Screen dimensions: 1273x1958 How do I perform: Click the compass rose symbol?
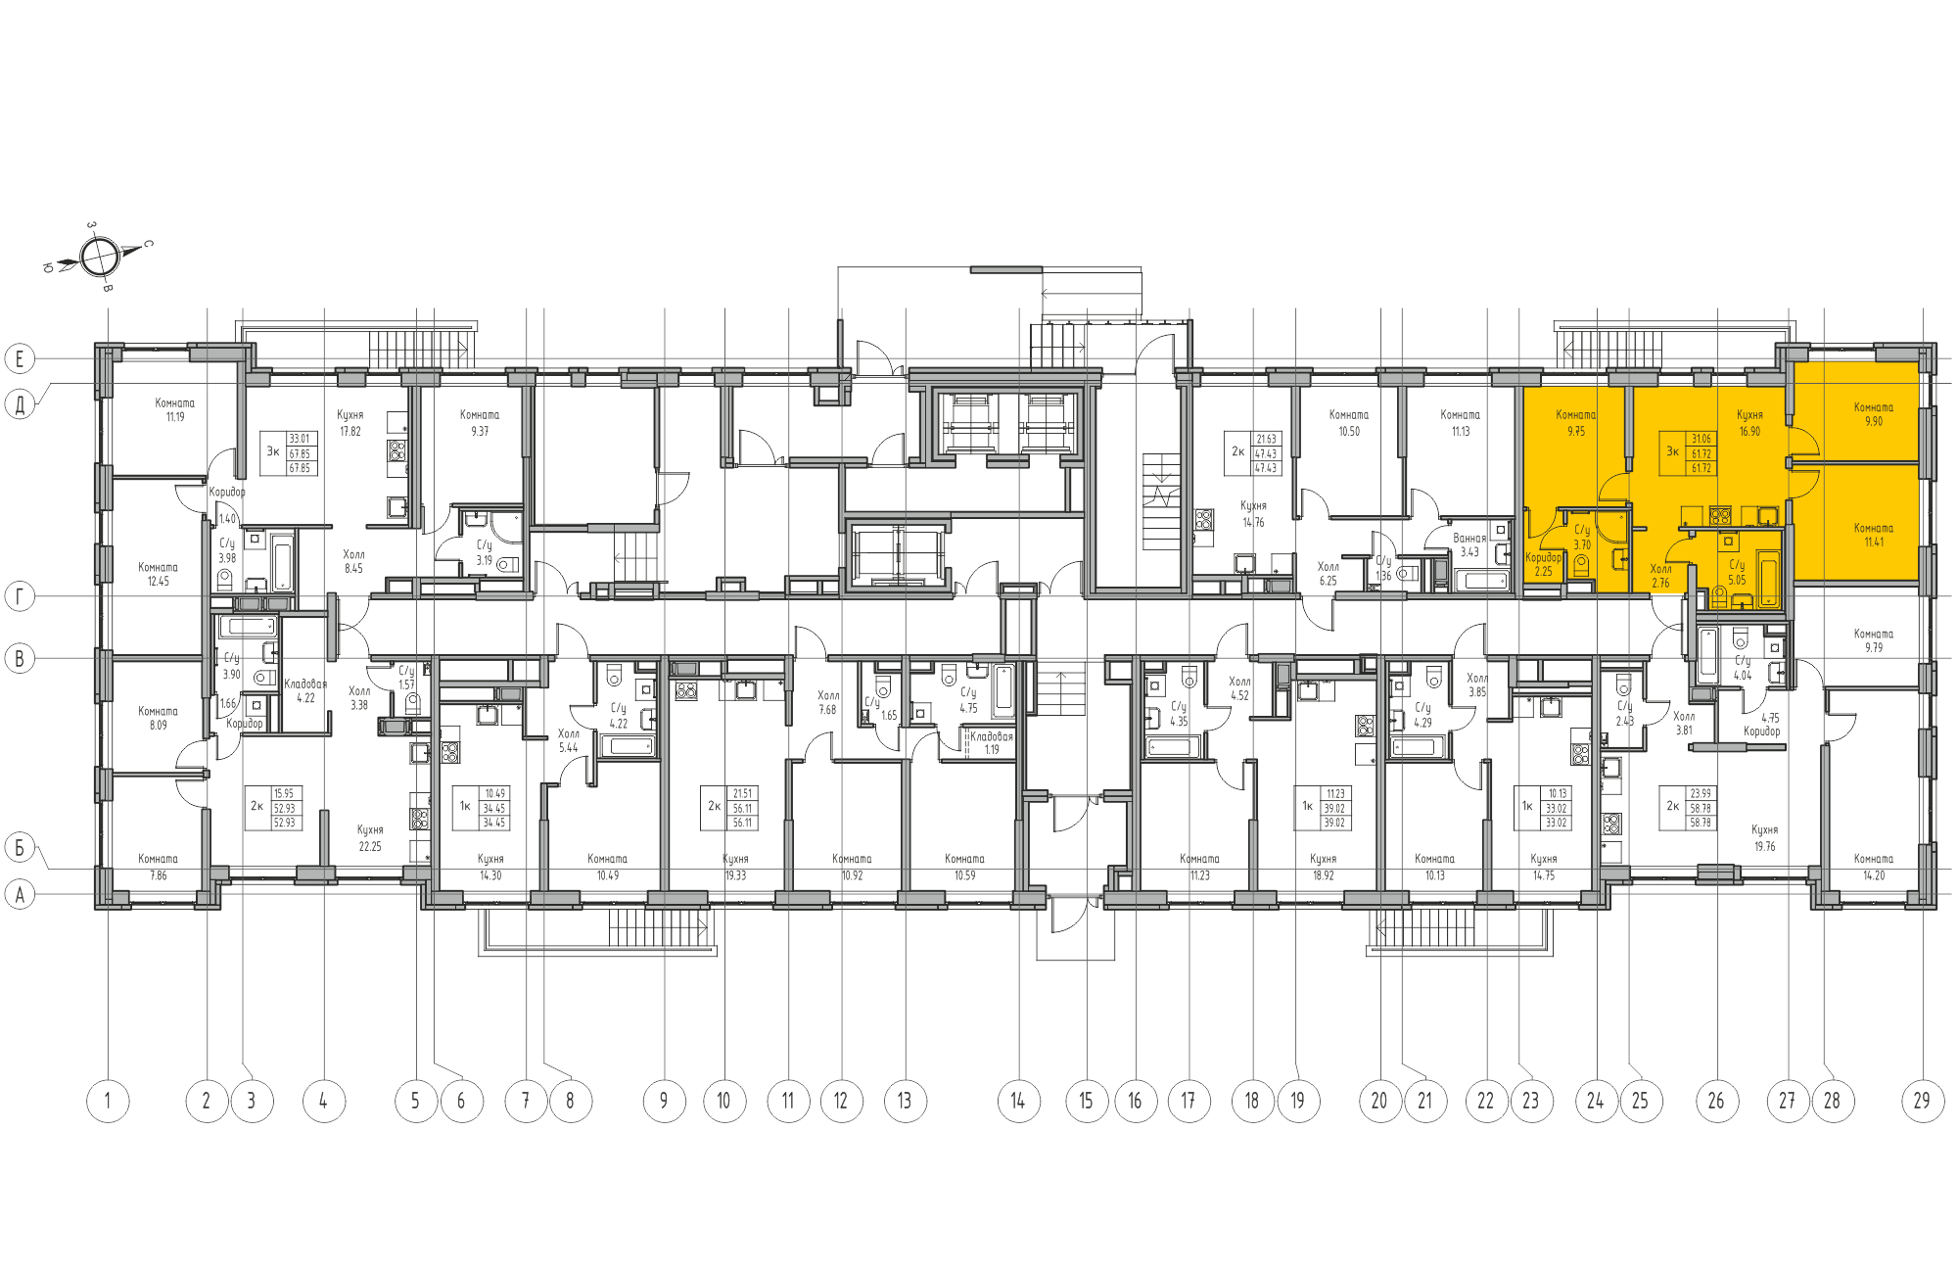tap(99, 258)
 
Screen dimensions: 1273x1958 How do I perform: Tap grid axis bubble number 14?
tap(1018, 1101)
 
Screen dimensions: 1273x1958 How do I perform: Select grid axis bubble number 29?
tap(1922, 1101)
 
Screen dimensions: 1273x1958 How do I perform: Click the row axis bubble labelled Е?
tap(20, 358)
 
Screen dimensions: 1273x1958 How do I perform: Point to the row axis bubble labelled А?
tap(20, 894)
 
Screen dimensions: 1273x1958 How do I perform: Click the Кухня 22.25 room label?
tap(370, 838)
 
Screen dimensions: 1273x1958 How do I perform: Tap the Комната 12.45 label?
tap(158, 574)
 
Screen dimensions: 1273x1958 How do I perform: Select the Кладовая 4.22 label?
tap(305, 690)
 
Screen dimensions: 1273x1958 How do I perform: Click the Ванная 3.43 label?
tap(1468, 545)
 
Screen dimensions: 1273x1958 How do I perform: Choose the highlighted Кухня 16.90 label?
tap(1749, 423)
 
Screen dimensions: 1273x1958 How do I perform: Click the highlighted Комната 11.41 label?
tap(1873, 535)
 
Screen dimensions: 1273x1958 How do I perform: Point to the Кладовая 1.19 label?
tap(991, 742)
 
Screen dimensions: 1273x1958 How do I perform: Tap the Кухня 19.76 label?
tap(1764, 838)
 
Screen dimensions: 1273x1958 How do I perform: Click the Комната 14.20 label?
tap(1873, 868)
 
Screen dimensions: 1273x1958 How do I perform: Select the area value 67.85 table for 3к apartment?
tap(301, 453)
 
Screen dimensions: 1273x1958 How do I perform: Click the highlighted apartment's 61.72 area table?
tap(1702, 453)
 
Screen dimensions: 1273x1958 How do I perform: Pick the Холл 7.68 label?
tap(828, 702)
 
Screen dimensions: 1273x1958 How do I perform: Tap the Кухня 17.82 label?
tap(350, 423)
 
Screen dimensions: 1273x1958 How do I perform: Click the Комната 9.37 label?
tap(480, 423)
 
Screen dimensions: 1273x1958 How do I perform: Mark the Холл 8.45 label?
tap(353, 561)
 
